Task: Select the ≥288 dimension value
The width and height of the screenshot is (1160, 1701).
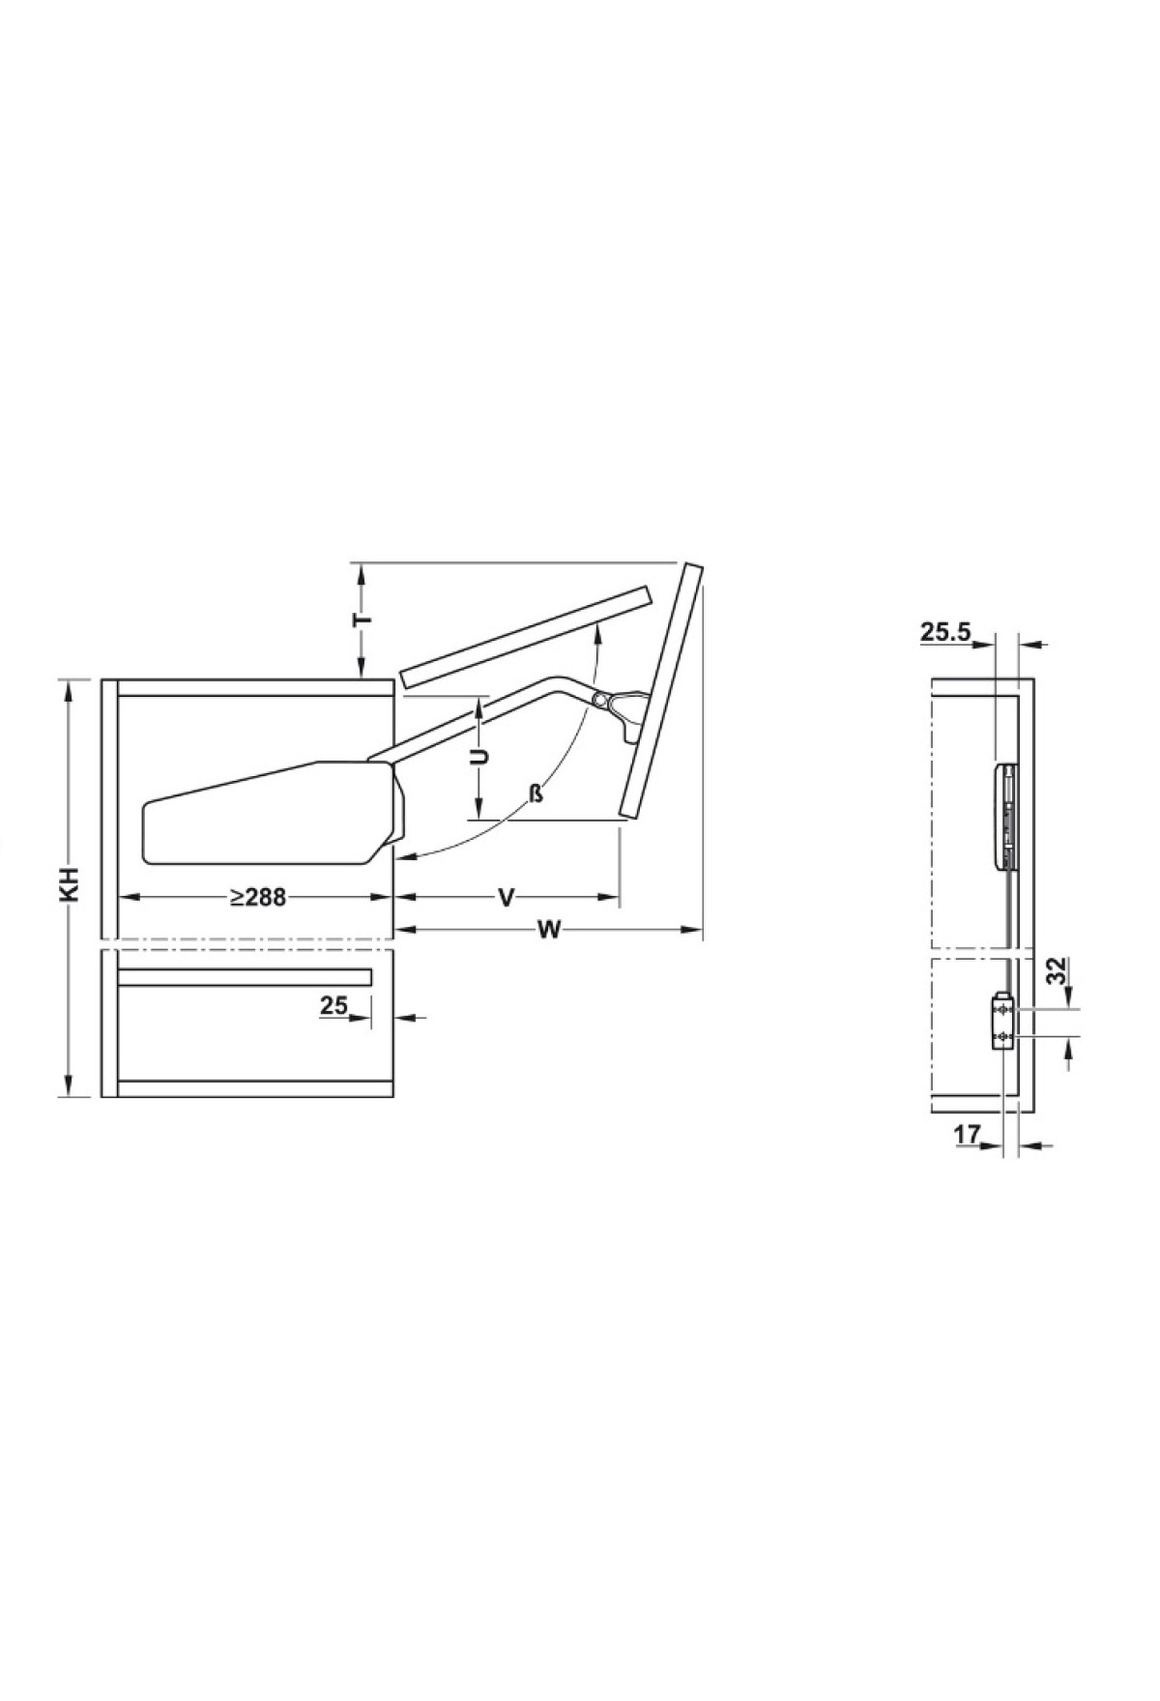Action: click(x=258, y=898)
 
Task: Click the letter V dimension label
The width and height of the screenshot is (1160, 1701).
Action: click(x=506, y=899)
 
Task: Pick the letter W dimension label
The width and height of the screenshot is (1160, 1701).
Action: click(x=548, y=931)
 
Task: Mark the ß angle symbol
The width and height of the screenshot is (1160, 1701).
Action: click(x=536, y=795)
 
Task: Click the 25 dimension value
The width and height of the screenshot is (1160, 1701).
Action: click(x=333, y=1006)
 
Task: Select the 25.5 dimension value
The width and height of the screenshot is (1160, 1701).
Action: click(x=944, y=633)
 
